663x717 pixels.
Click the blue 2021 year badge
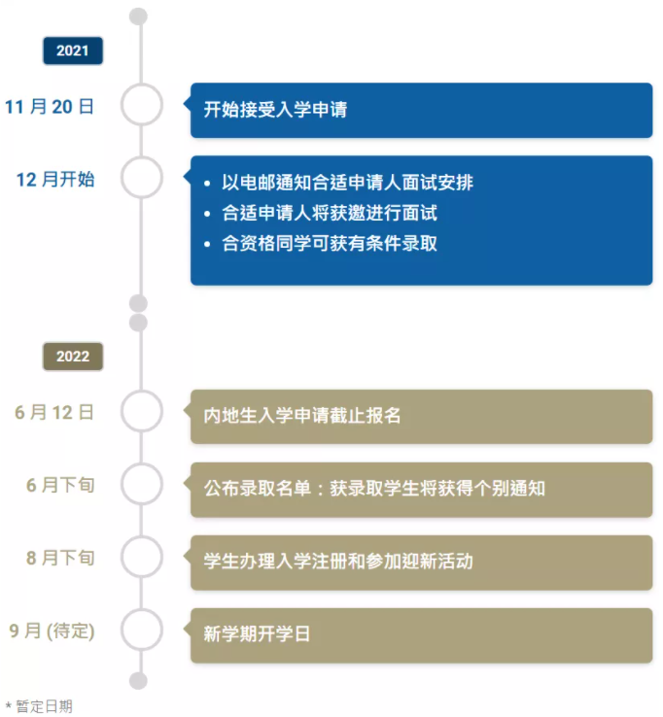[x=72, y=51]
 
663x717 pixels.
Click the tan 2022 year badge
[x=72, y=357]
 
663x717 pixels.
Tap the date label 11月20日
[x=50, y=107]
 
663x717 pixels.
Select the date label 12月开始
[x=55, y=179]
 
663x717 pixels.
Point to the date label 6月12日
[x=54, y=412]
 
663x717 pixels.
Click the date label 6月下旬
[x=60, y=485]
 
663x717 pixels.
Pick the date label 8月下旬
[x=60, y=558]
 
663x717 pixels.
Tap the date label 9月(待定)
[x=52, y=631]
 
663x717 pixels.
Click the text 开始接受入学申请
[x=275, y=110]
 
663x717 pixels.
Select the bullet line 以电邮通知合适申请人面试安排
[x=347, y=183]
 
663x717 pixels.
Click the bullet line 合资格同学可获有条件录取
[x=330, y=243]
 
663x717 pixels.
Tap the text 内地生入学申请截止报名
[x=302, y=416]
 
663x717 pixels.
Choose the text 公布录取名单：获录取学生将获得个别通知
[x=374, y=489]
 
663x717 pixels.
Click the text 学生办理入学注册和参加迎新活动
[x=338, y=562]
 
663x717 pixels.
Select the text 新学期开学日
[x=257, y=634]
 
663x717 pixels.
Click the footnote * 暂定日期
[x=39, y=706]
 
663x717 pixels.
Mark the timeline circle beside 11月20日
[x=142, y=106]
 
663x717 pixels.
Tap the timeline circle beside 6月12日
[x=142, y=412]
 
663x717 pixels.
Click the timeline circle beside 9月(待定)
[x=142, y=631]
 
